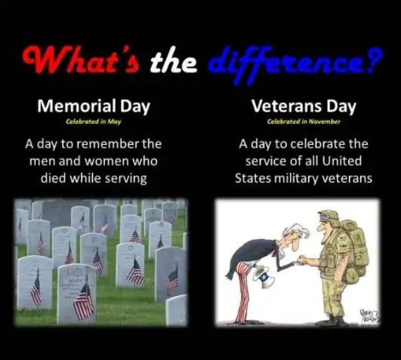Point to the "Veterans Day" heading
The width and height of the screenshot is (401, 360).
click(303, 106)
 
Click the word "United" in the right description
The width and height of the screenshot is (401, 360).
click(347, 161)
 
